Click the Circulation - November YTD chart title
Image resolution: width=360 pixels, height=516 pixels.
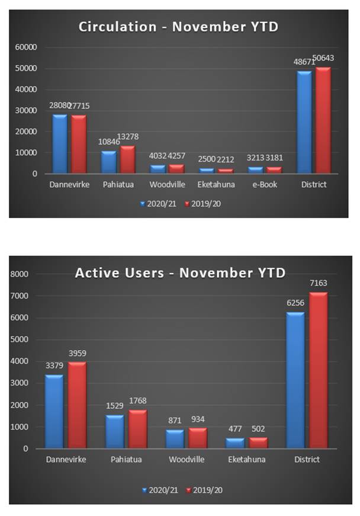tap(178, 26)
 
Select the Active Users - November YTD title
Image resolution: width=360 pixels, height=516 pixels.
tap(180, 273)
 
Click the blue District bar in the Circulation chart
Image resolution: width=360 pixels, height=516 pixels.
tap(304, 123)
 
